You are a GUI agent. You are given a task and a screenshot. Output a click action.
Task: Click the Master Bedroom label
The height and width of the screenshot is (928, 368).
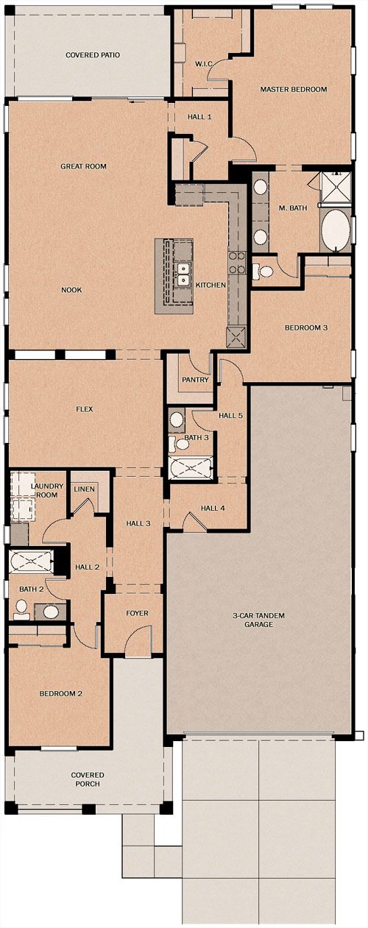pyautogui.click(x=294, y=89)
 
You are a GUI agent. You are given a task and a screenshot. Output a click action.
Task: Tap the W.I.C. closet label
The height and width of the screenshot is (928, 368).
pyautogui.click(x=204, y=64)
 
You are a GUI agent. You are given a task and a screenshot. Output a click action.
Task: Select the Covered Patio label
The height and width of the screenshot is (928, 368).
pyautogui.click(x=93, y=54)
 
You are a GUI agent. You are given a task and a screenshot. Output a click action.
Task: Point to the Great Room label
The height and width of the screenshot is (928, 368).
pyautogui.click(x=83, y=166)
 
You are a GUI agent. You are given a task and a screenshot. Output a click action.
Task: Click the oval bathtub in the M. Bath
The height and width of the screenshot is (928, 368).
pyautogui.click(x=336, y=230)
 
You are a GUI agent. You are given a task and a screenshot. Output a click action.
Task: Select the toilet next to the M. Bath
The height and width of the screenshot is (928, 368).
pyautogui.click(x=263, y=272)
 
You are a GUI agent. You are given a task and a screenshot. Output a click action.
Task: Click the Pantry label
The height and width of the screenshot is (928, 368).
pyautogui.click(x=195, y=380)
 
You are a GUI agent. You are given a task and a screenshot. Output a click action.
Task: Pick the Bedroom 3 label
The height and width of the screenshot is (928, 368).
pyautogui.click(x=306, y=327)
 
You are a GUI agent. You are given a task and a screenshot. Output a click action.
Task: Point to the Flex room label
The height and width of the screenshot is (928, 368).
pyautogui.click(x=85, y=409)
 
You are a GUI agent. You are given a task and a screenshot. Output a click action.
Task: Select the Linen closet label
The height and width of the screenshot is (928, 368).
pyautogui.click(x=84, y=489)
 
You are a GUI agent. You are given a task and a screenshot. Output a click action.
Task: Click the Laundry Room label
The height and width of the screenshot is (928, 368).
pyautogui.click(x=48, y=491)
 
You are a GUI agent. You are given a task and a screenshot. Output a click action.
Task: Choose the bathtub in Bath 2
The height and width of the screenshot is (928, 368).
pyautogui.click(x=31, y=562)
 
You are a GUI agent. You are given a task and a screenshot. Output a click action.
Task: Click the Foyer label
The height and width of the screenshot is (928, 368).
pyautogui.click(x=137, y=613)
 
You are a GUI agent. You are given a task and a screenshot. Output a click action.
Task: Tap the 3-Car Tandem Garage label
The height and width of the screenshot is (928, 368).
pyautogui.click(x=258, y=620)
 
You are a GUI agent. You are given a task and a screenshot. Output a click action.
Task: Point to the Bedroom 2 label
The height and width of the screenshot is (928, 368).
pyautogui.click(x=60, y=693)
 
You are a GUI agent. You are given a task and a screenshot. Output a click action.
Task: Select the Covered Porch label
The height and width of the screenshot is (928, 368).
pyautogui.click(x=88, y=779)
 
